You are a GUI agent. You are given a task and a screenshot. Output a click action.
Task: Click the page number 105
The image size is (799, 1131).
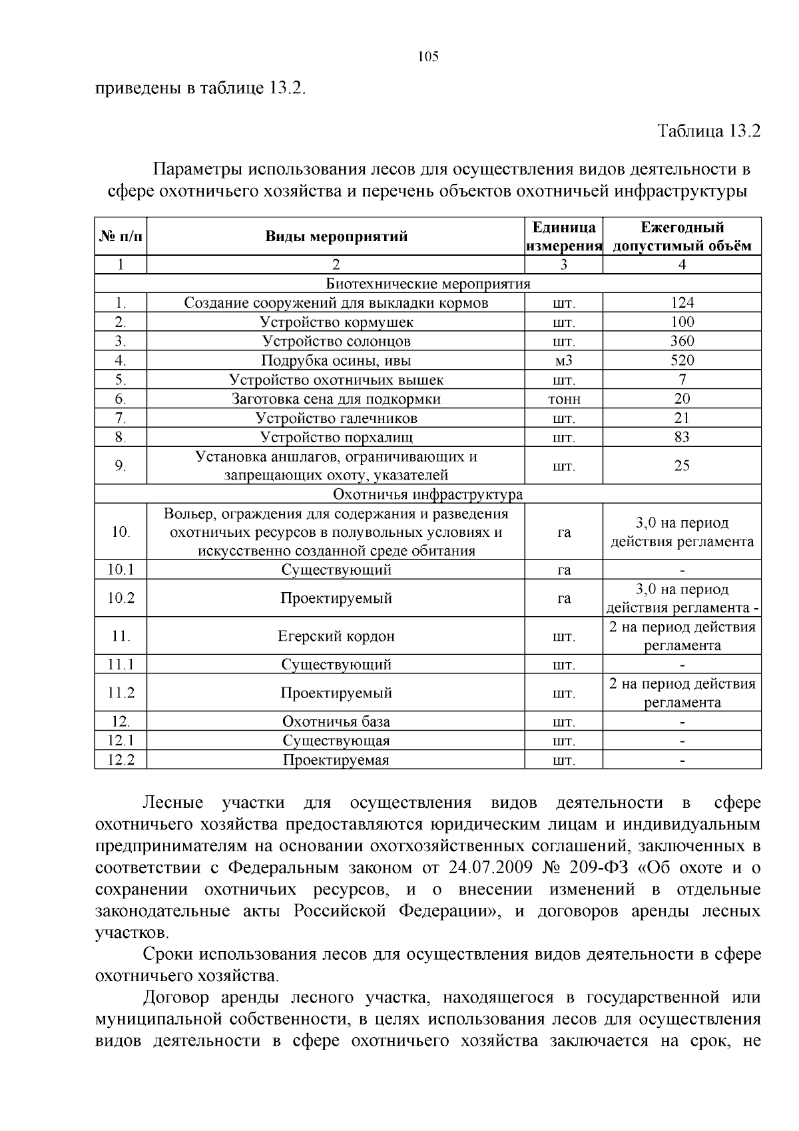click(428, 57)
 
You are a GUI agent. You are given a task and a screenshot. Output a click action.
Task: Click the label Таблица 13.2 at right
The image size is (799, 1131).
click(708, 131)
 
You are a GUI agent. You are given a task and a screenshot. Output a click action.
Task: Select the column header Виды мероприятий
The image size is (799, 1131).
click(336, 236)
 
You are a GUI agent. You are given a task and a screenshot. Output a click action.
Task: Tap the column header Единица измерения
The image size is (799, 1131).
click(564, 236)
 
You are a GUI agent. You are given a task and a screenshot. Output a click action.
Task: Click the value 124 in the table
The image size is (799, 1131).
click(682, 303)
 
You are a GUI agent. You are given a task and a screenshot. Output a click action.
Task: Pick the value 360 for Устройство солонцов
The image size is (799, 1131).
click(682, 341)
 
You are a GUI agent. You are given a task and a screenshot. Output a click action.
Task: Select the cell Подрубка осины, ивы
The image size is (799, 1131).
click(336, 361)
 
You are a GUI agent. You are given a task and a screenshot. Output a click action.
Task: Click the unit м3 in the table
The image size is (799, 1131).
click(564, 361)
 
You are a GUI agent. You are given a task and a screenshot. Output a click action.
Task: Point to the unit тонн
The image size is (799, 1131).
click(564, 399)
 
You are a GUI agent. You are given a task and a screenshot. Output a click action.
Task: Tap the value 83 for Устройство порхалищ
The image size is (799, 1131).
click(682, 438)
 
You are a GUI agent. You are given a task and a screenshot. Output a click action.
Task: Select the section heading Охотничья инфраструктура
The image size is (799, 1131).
click(428, 495)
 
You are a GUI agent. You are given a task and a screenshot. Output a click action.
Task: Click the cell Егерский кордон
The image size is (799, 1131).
click(336, 636)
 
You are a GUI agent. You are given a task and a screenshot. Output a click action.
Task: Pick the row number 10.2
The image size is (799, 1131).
click(121, 598)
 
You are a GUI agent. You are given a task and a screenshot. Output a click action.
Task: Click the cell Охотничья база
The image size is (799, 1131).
click(336, 722)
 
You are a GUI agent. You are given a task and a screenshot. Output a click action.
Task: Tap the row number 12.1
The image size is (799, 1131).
click(121, 741)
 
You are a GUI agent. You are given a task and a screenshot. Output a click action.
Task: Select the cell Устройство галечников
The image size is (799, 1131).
click(336, 418)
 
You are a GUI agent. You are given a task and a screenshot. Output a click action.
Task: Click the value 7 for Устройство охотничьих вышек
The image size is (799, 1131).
click(682, 380)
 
